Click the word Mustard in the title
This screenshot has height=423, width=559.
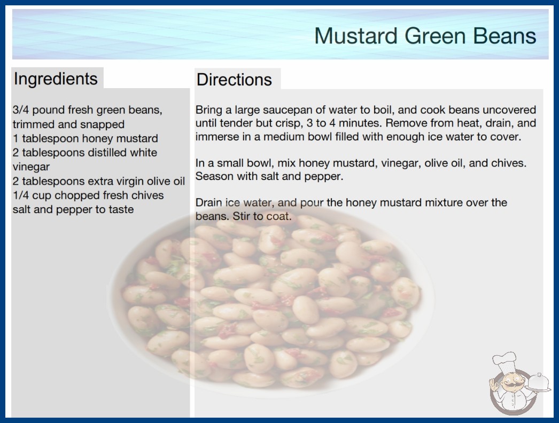(355, 36)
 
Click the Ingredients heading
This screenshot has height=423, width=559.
(56, 79)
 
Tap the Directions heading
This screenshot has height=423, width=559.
(234, 80)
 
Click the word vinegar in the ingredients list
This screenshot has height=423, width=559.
(31, 167)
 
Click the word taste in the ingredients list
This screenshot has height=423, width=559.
(121, 209)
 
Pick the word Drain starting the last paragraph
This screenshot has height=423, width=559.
(209, 202)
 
